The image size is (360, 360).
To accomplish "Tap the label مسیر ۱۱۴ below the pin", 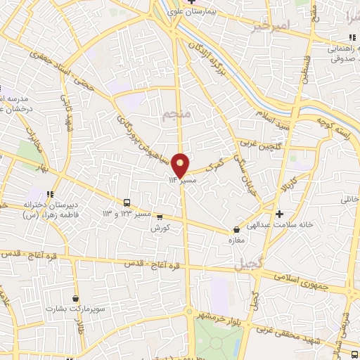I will (x=181, y=181).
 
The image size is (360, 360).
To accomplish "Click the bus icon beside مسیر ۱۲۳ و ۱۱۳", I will (x=126, y=202).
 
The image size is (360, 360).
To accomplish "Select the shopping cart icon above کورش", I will (x=160, y=217).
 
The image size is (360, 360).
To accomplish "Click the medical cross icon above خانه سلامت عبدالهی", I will (x=280, y=213).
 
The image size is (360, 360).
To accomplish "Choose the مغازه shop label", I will (x=234, y=240).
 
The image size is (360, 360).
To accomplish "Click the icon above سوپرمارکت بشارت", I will (x=75, y=297).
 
